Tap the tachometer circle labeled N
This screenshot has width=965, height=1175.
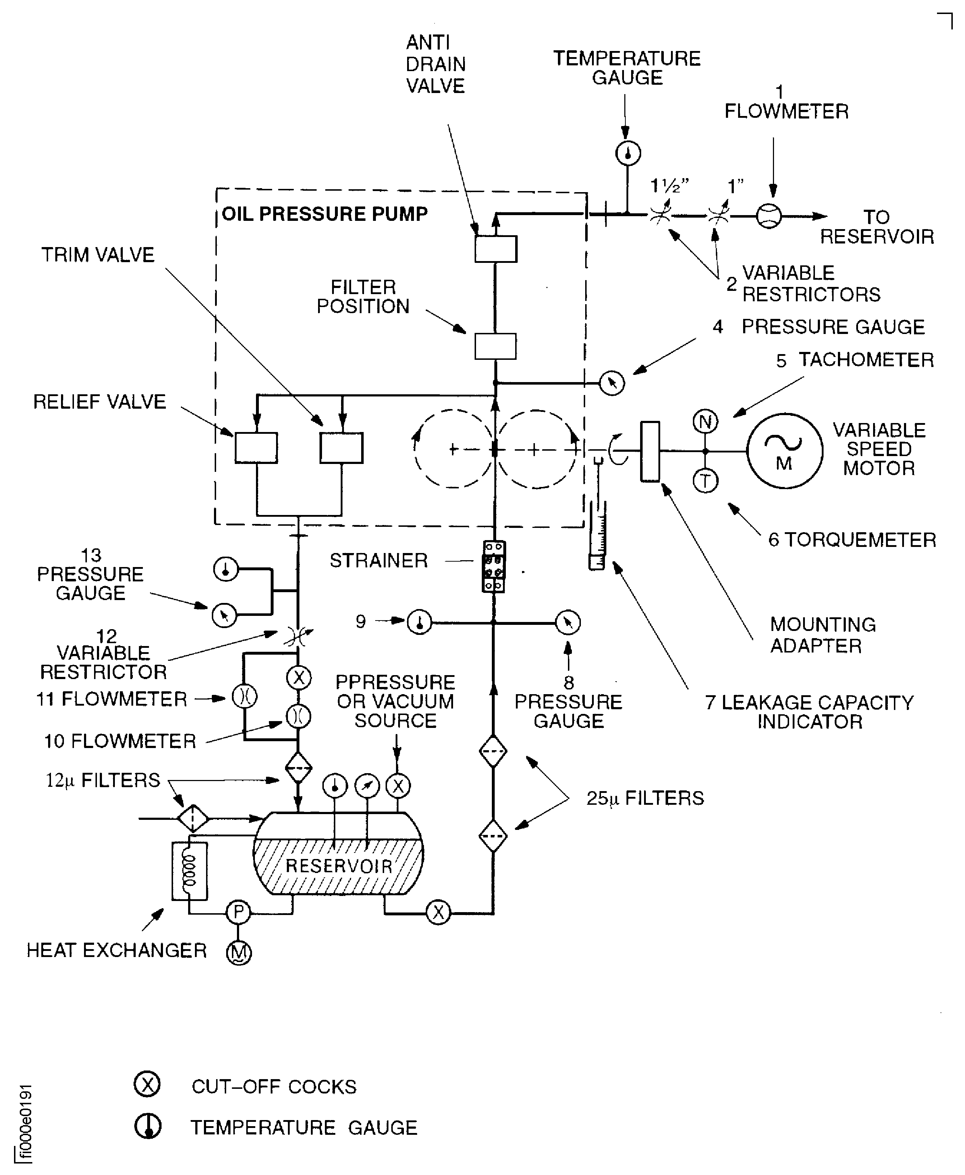(x=705, y=422)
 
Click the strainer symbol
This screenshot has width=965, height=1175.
(x=494, y=566)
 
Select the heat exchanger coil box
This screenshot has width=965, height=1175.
(x=190, y=871)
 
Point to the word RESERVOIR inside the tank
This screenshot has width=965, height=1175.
(x=339, y=866)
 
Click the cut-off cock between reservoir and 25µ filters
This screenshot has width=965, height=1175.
(x=438, y=912)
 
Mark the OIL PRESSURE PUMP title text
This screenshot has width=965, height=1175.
(x=325, y=214)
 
